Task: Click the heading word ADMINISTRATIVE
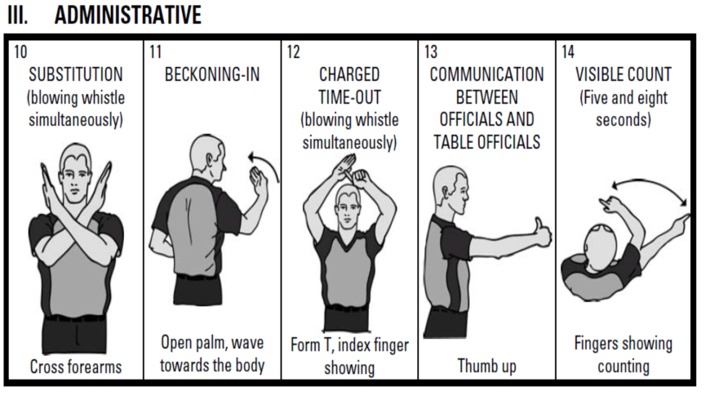point(127,15)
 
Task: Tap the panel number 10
point(20,51)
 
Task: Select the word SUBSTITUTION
point(76,74)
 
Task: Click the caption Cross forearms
point(76,367)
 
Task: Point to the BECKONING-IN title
point(212,74)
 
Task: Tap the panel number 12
point(294,51)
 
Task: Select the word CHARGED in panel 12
point(349,74)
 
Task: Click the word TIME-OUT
point(349,97)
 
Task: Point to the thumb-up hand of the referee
point(542,234)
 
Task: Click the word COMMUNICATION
point(486,74)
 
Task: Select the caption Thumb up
point(486,366)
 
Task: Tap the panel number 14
point(568,51)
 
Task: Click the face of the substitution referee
point(75,178)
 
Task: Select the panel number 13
point(431,51)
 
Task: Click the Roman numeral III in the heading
point(18,15)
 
